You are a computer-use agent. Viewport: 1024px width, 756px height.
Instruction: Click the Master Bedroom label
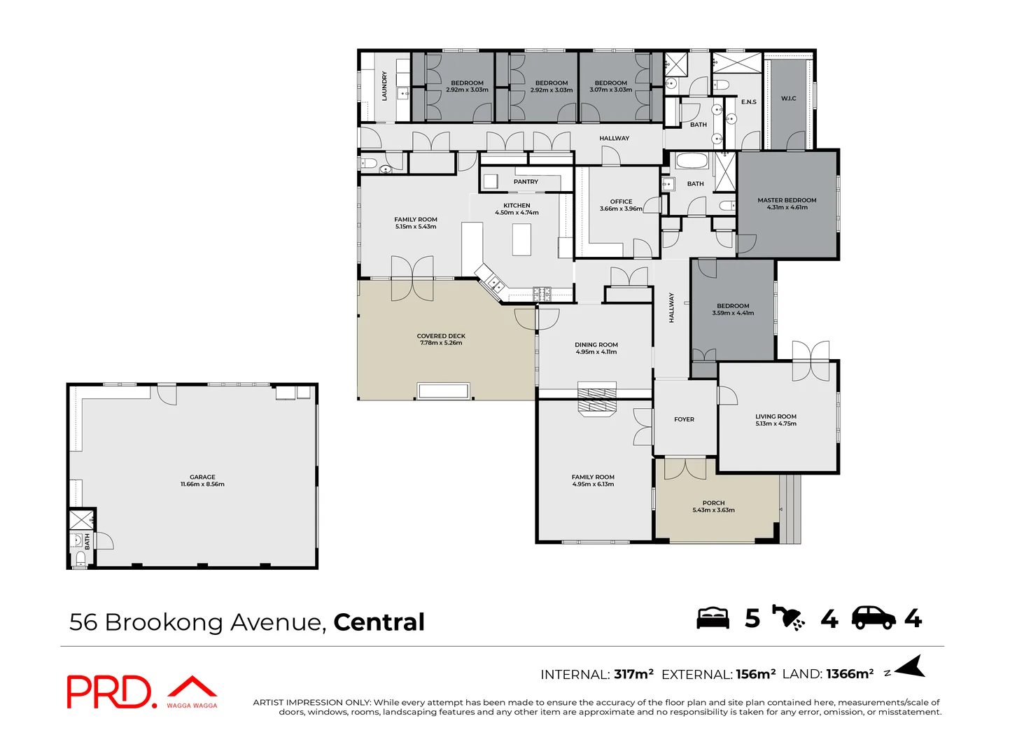point(787,200)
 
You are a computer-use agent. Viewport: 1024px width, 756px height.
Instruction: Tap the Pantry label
point(526,182)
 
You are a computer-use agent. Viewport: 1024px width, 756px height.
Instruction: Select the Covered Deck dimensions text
point(441,343)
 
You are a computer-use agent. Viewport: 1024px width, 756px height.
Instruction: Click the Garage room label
point(202,477)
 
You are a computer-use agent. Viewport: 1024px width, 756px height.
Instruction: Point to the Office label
point(621,202)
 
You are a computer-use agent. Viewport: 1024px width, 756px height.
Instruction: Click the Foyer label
point(684,419)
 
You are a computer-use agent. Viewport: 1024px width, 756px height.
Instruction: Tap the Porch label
point(713,503)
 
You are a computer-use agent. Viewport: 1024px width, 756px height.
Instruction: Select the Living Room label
point(776,416)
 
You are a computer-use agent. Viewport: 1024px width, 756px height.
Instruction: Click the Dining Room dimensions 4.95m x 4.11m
point(596,352)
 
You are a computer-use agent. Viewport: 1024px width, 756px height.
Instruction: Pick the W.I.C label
point(788,99)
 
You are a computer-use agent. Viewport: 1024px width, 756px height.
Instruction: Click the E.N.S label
point(748,102)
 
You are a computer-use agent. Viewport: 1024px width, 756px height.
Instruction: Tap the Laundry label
point(384,86)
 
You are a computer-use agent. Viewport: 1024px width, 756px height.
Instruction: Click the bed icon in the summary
point(713,618)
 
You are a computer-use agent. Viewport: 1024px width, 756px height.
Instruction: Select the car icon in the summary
point(873,617)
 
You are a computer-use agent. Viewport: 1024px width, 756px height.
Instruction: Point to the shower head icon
point(789,617)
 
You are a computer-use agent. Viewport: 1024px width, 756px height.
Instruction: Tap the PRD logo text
point(108,692)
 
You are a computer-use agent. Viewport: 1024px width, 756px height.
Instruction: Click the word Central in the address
point(379,622)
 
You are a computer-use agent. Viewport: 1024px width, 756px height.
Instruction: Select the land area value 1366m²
point(850,674)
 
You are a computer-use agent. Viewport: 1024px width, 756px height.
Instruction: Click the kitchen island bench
point(522,239)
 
